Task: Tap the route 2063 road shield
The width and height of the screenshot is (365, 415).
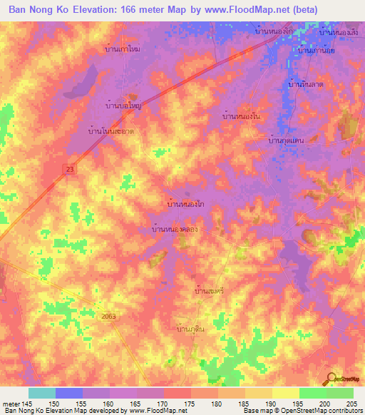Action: [109, 315]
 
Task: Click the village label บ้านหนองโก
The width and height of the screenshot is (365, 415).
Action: [185, 204]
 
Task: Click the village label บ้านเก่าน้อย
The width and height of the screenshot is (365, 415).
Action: [317, 51]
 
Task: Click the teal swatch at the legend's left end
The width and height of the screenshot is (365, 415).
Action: [42, 393]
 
